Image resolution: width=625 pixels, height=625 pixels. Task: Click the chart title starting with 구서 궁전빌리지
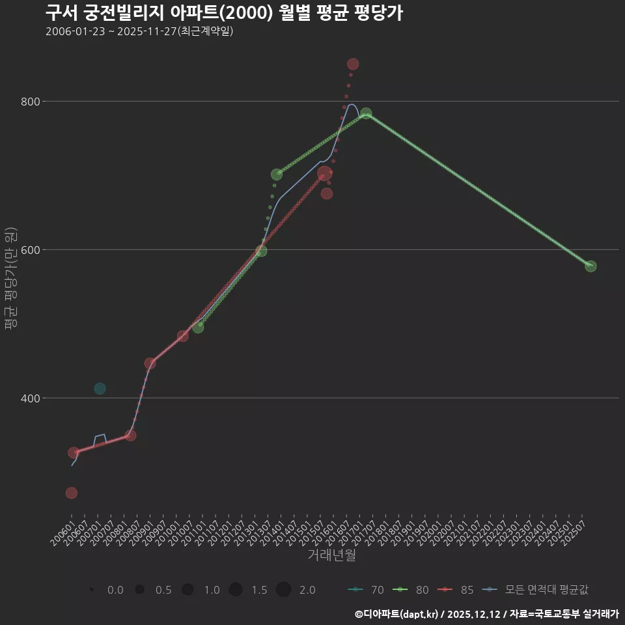[224, 13]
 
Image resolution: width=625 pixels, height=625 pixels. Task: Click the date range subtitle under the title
[139, 31]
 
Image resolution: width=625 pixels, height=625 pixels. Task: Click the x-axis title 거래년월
[331, 555]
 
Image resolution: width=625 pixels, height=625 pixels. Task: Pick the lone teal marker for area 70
[100, 389]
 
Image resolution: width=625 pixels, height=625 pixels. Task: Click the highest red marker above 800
[353, 64]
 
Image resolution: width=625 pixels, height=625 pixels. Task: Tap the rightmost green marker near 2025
[590, 266]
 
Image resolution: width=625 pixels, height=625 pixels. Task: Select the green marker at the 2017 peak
[366, 113]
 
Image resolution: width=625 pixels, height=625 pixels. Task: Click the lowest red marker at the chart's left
[72, 493]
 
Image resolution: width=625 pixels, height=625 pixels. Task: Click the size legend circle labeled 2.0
[283, 590]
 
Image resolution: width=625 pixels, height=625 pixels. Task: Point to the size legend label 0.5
[163, 590]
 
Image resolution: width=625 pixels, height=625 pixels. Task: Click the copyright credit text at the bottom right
[486, 614]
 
